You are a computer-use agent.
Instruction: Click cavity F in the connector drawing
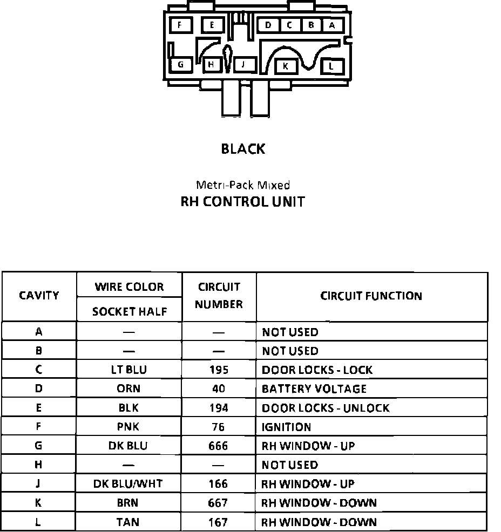(179, 25)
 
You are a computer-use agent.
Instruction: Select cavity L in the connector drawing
(331, 66)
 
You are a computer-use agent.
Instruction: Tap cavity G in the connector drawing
(181, 65)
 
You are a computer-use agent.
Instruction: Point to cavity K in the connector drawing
(286, 66)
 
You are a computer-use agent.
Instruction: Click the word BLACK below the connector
(243, 149)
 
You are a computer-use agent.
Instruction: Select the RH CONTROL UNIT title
(242, 202)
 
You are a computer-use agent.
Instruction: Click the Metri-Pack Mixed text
(242, 185)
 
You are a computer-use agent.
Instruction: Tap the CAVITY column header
(39, 296)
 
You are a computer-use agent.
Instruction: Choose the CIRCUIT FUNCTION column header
(371, 296)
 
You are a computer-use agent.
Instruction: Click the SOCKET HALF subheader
(129, 311)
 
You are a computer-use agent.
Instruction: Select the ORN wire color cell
(128, 388)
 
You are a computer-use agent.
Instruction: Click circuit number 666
(218, 446)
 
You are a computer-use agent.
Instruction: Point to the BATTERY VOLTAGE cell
(314, 388)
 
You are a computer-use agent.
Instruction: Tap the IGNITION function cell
(287, 427)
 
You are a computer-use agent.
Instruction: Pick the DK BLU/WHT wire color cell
(128, 484)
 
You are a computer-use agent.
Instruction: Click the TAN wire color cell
(128, 522)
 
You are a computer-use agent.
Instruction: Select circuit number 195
(218, 370)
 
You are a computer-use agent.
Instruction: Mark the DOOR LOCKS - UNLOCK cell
(326, 408)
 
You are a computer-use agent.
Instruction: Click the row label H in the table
(38, 465)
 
